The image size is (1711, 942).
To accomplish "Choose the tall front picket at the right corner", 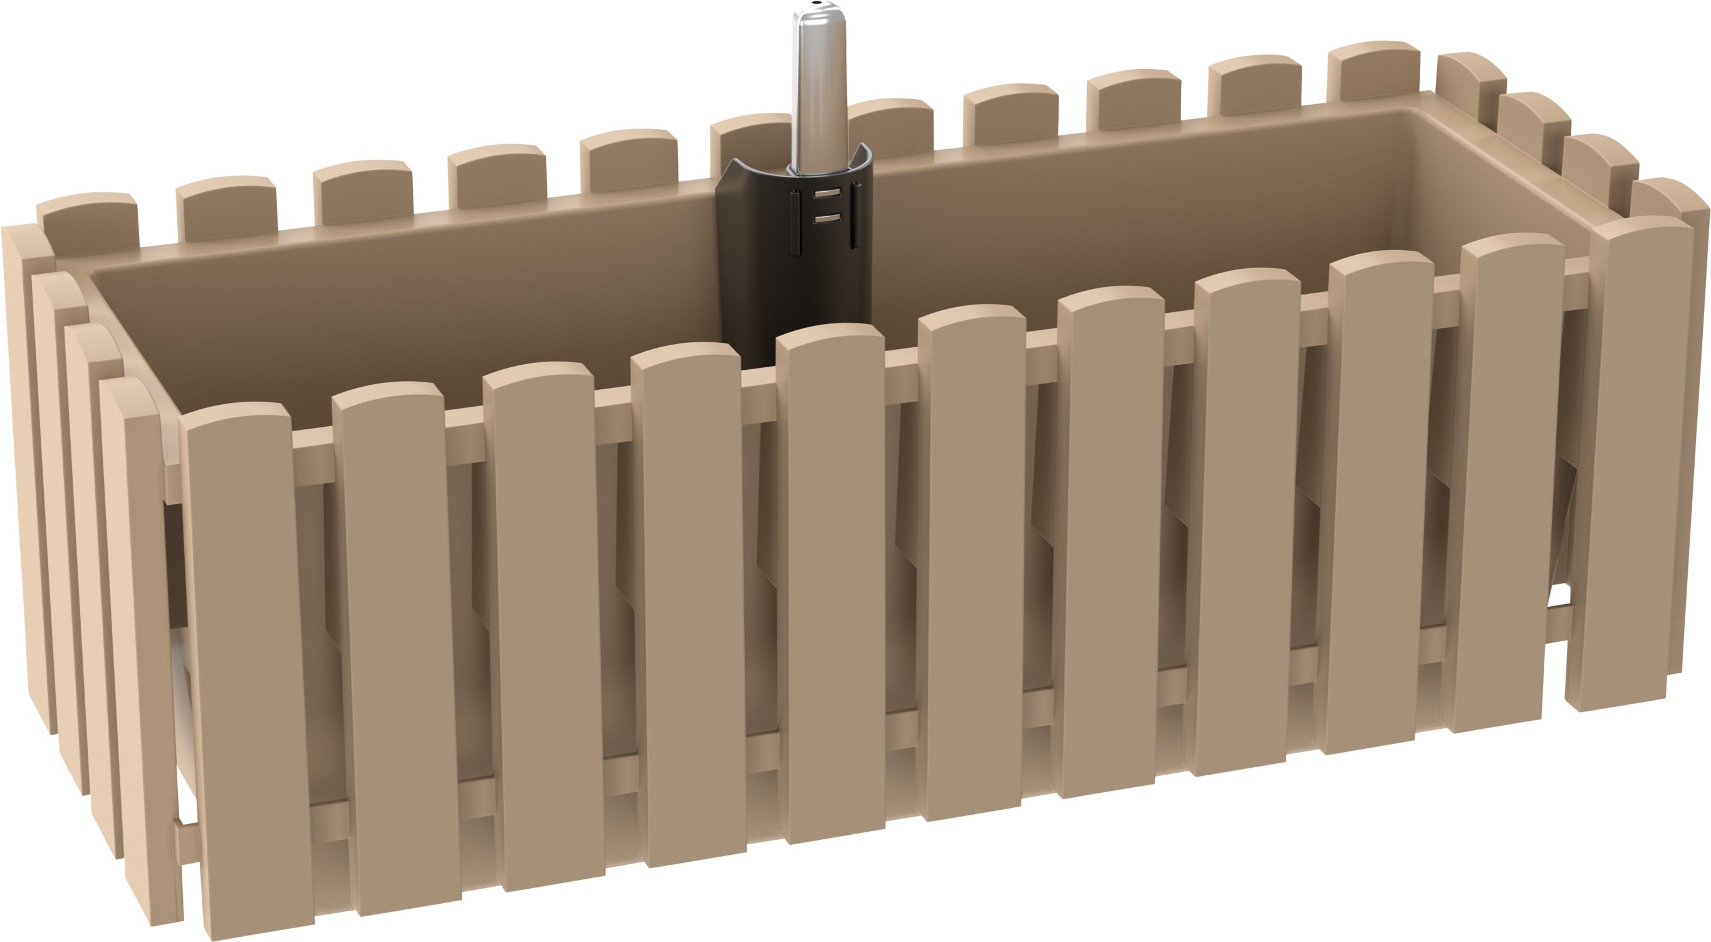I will coord(1641,465).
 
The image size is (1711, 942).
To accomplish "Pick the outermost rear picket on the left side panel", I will coord(26,465).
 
